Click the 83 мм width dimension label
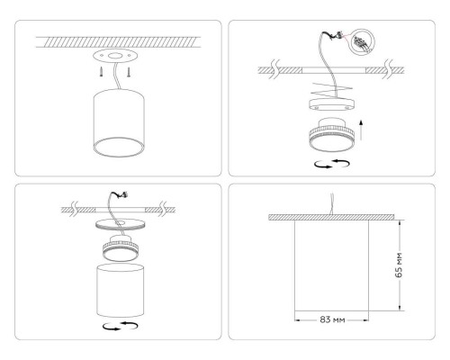click(332, 319)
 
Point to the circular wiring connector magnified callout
click(361, 41)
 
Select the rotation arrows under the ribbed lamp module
click(329, 162)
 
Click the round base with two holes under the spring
click(329, 104)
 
